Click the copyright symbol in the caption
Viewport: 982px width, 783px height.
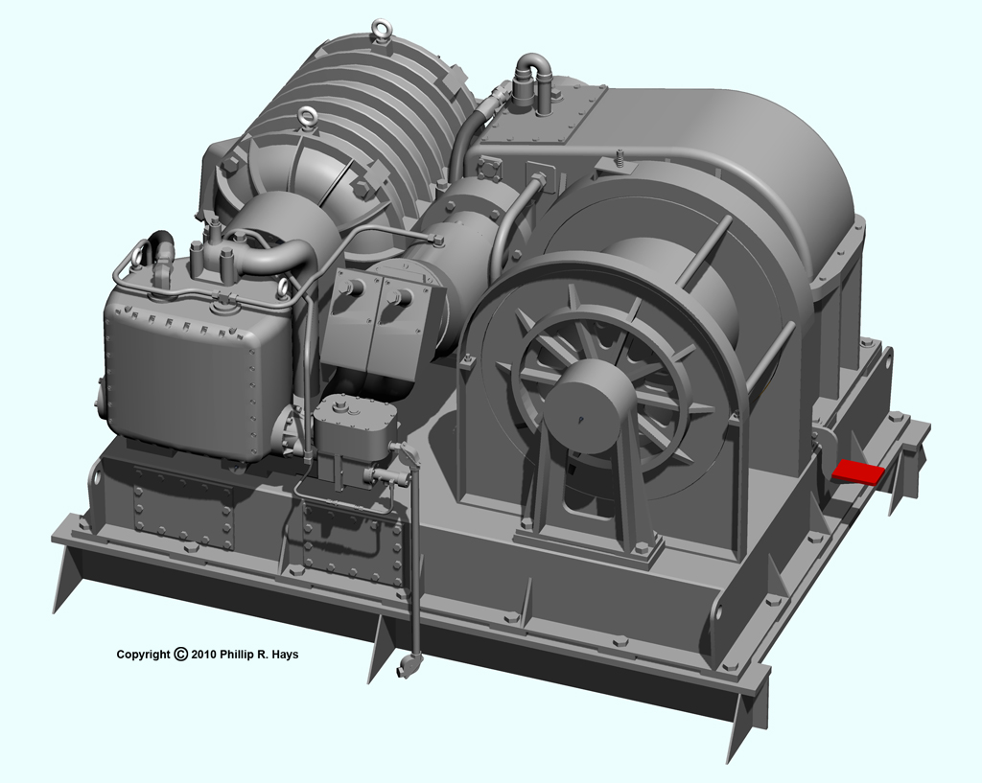[180, 654]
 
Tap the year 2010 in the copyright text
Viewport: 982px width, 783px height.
[204, 655]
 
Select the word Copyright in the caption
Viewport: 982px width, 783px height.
[144, 655]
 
